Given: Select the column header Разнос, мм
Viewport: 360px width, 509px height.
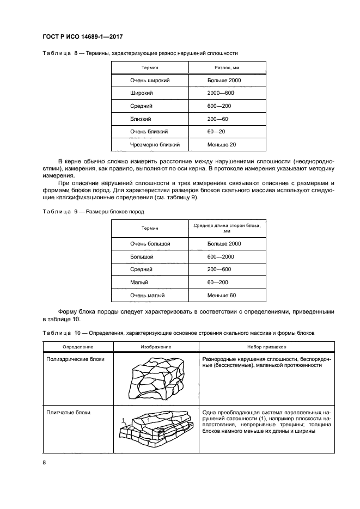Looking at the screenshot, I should click(x=227, y=67).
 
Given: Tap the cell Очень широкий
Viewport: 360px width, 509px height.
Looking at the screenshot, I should click(x=150, y=80).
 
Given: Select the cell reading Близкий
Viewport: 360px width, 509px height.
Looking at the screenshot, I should click(x=141, y=119).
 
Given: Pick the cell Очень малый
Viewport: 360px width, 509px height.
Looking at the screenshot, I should click(x=147, y=296).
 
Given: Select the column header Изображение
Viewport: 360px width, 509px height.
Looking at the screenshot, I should click(x=156, y=347).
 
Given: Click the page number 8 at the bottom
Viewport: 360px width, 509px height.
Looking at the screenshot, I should click(x=44, y=462).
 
